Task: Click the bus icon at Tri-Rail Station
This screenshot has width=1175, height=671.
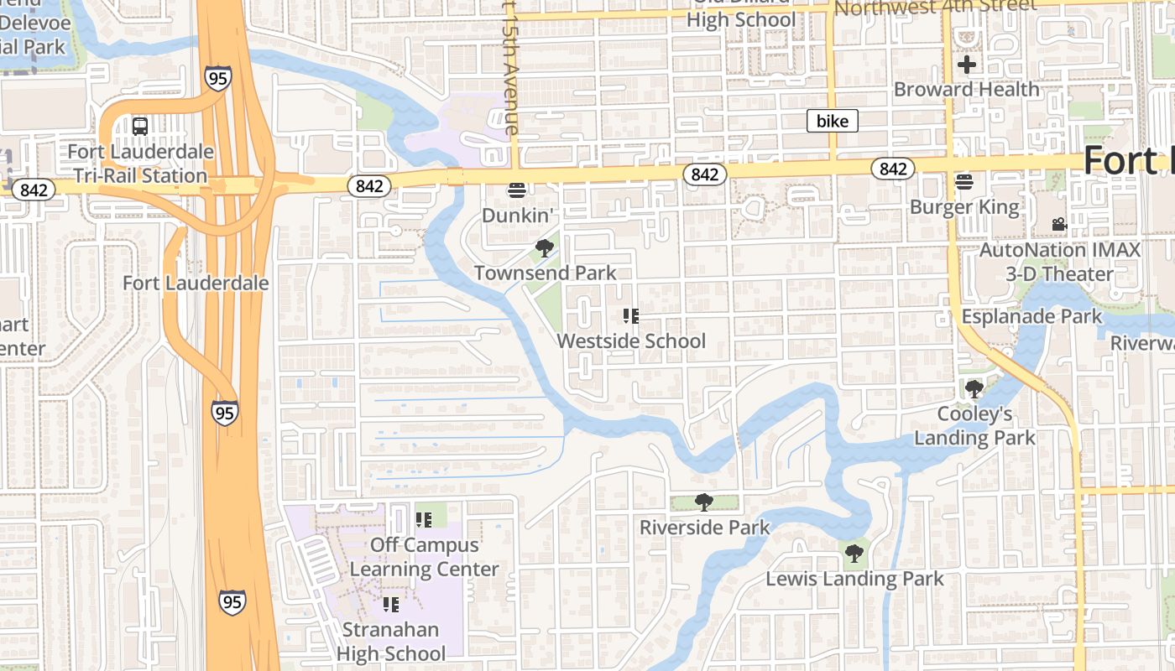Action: [x=140, y=127]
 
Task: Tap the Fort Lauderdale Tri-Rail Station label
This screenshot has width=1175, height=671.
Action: [x=140, y=164]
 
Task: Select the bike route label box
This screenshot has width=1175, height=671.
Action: [x=833, y=122]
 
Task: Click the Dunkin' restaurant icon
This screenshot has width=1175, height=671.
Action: [x=517, y=190]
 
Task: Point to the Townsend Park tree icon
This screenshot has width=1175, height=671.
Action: [x=545, y=247]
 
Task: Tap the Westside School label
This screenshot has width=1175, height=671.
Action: [x=631, y=341]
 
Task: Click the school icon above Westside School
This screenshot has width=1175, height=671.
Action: [x=631, y=316]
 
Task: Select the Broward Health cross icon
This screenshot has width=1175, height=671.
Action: [x=966, y=64]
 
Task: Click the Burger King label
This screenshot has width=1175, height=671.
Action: [x=964, y=207]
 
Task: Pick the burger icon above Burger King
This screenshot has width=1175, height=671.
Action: [x=964, y=181]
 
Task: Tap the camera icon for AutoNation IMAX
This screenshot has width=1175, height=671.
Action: [x=1059, y=225]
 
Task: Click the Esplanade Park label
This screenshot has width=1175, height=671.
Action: [x=1031, y=317]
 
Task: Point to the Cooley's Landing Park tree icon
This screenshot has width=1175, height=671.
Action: [x=974, y=388]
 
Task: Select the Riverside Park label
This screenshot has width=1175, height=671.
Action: [x=704, y=528]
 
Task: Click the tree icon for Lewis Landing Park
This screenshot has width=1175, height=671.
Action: [x=854, y=553]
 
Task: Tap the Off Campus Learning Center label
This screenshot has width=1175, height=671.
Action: [x=424, y=557]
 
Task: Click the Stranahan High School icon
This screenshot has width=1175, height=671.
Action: [x=391, y=605]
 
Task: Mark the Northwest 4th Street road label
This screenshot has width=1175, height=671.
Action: [x=936, y=8]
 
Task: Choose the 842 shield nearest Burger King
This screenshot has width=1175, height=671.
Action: [x=893, y=169]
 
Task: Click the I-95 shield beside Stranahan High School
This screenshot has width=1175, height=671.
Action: [x=232, y=602]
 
